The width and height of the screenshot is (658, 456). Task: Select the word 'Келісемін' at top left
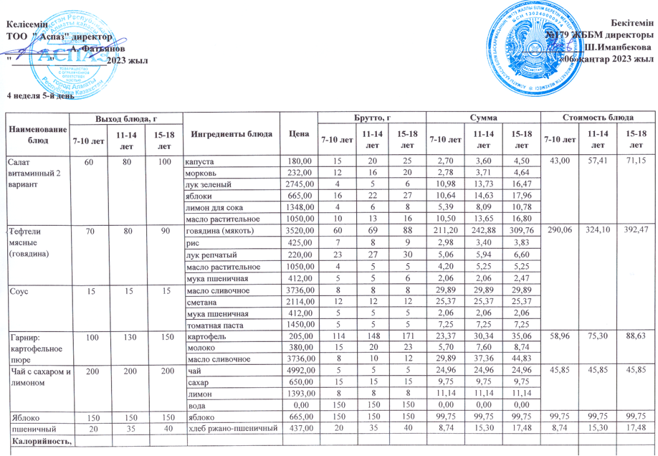click(27, 24)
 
